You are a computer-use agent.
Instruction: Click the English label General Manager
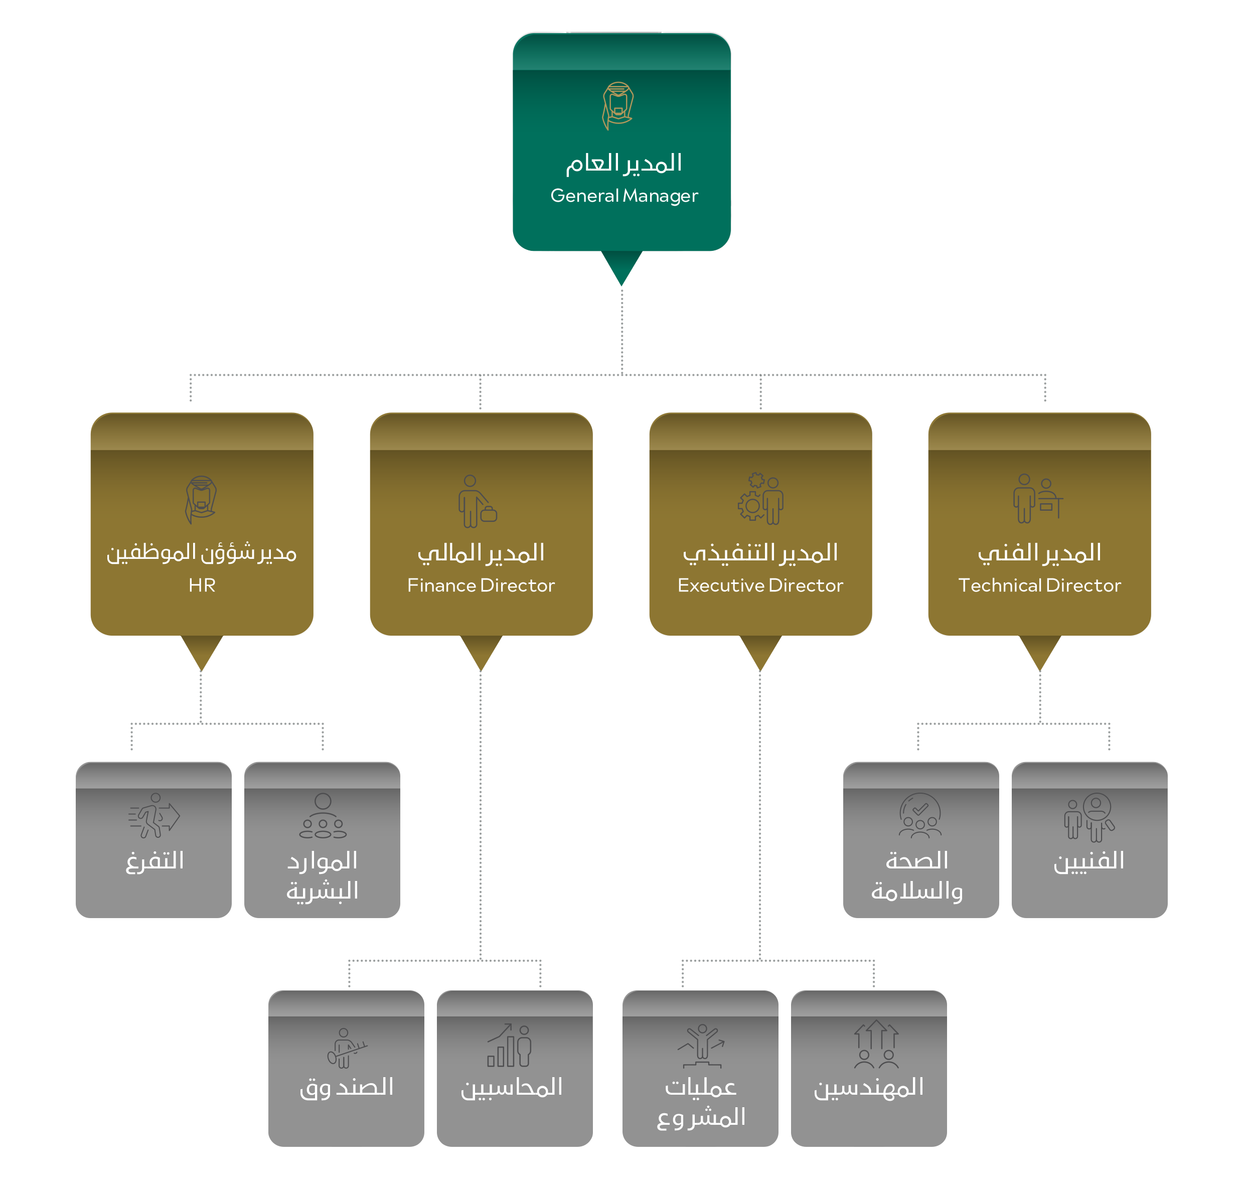point(624,196)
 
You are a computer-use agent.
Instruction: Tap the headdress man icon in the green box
point(618,105)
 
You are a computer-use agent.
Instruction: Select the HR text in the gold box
point(202,585)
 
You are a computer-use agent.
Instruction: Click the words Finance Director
point(481,585)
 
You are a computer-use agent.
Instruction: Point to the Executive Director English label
point(760,585)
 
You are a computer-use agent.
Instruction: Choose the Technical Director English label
point(1039,585)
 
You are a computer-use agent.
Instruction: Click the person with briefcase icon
point(477,501)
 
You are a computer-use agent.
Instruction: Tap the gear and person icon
point(760,499)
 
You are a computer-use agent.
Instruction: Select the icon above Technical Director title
point(1037,499)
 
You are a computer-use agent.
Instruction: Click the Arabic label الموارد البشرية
point(323,875)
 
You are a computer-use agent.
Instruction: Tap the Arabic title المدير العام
point(624,163)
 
